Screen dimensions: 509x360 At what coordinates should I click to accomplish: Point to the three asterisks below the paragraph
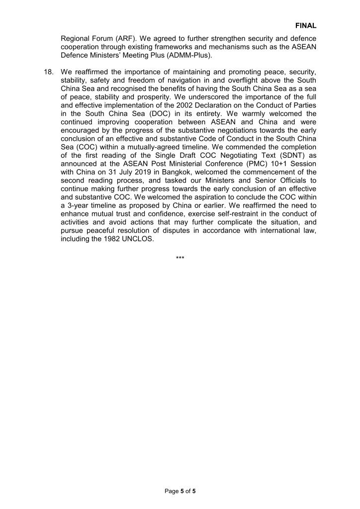(x=180, y=258)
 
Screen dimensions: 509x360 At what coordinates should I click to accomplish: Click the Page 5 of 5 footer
(x=180, y=491)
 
